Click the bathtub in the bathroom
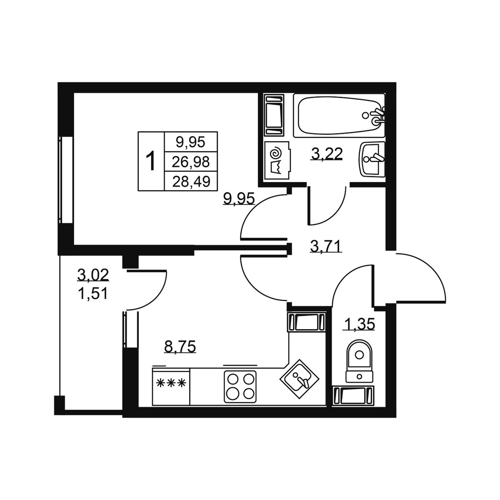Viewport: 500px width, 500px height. click(339, 115)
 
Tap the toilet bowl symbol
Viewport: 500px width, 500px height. click(359, 361)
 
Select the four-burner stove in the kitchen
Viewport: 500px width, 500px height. click(240, 387)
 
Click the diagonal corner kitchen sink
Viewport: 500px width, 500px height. click(299, 379)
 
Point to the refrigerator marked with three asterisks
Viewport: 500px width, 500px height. click(171, 386)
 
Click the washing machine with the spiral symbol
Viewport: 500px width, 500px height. click(277, 160)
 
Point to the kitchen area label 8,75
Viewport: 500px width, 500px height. click(180, 346)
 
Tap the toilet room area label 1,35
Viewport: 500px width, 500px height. click(359, 324)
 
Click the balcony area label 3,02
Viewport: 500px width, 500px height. click(93, 275)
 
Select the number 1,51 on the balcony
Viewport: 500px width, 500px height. click(92, 294)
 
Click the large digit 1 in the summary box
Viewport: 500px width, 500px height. click(150, 161)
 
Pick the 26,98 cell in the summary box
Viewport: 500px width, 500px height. click(191, 162)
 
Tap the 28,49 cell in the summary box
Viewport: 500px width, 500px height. click(191, 181)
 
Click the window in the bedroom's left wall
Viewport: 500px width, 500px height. click(66, 180)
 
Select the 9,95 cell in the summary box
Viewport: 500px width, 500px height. click(191, 142)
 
